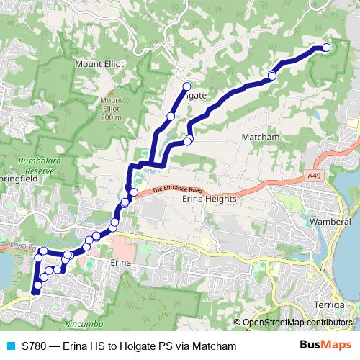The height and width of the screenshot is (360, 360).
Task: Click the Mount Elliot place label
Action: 99,63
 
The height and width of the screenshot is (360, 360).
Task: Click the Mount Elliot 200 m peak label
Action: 111,108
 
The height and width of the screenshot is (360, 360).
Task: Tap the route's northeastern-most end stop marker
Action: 325,48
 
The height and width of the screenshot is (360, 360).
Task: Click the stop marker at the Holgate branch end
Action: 186,86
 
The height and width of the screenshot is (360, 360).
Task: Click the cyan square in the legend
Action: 11,346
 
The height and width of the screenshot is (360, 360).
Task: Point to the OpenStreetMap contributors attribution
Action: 297,323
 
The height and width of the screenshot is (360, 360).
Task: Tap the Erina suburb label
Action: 120,264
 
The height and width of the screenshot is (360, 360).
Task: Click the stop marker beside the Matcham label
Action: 272,76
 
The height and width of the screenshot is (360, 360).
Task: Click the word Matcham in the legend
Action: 214,346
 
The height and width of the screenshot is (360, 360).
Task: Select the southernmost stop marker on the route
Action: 36,292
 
